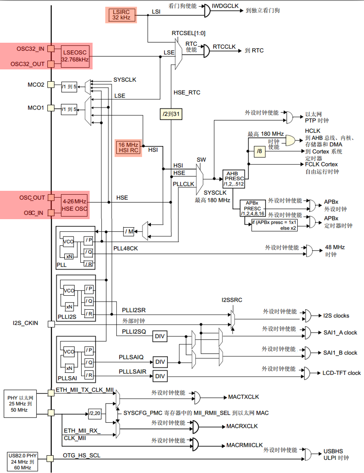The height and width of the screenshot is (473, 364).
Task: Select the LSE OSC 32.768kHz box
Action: point(75,56)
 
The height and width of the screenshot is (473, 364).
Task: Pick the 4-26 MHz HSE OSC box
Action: point(75,205)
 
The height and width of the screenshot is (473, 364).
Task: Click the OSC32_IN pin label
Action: point(30,49)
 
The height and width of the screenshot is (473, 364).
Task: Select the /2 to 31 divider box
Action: point(172,114)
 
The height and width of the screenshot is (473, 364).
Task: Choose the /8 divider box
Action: point(260,151)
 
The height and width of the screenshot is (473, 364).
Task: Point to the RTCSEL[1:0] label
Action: point(189,33)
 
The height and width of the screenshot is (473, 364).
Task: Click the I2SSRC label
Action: point(232,300)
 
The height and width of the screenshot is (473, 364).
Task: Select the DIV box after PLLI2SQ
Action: point(160,336)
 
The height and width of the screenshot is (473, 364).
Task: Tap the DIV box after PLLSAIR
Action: point(160,376)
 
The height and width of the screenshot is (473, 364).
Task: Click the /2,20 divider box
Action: point(94,412)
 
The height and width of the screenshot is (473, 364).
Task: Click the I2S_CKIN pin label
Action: point(25,323)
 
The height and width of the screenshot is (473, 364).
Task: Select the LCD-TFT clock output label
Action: point(342,373)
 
